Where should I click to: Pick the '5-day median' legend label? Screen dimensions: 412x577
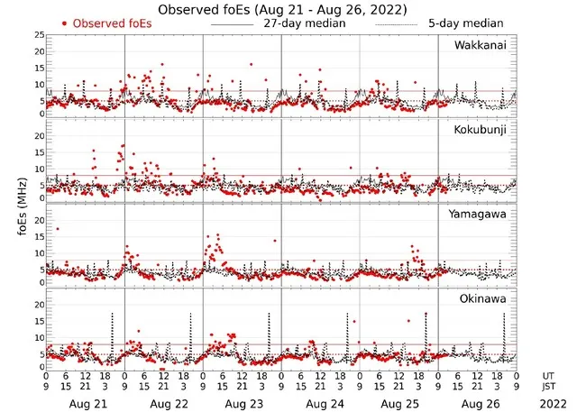tap(465, 23)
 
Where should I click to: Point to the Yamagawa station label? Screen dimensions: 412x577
tap(481, 214)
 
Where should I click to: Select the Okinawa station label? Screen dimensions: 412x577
tap(484, 298)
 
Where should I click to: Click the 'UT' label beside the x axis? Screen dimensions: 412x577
tap(548, 375)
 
